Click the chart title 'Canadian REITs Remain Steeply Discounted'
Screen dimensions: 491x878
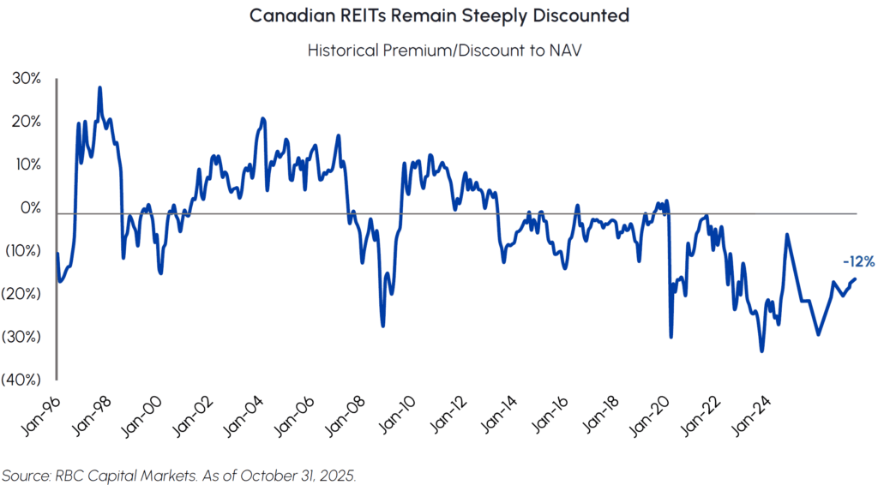(439, 16)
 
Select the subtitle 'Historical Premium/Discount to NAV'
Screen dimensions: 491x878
(439, 51)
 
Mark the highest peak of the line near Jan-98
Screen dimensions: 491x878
(100, 87)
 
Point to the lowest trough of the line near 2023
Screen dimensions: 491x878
(761, 351)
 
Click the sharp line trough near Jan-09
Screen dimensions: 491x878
(382, 326)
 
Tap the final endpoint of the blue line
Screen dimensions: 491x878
(855, 278)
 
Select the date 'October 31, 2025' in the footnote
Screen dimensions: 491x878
(300, 476)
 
